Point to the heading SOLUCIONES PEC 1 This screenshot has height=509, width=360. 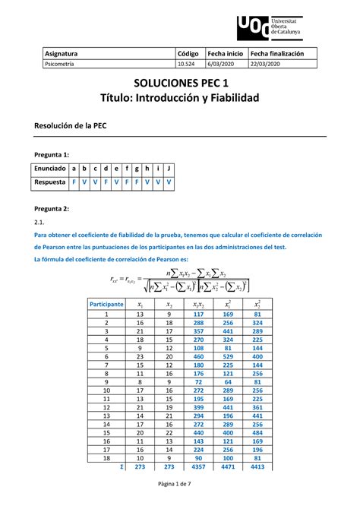(x=179, y=84)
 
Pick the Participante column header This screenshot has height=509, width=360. (x=106, y=303)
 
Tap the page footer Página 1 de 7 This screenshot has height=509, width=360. (x=180, y=495)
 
